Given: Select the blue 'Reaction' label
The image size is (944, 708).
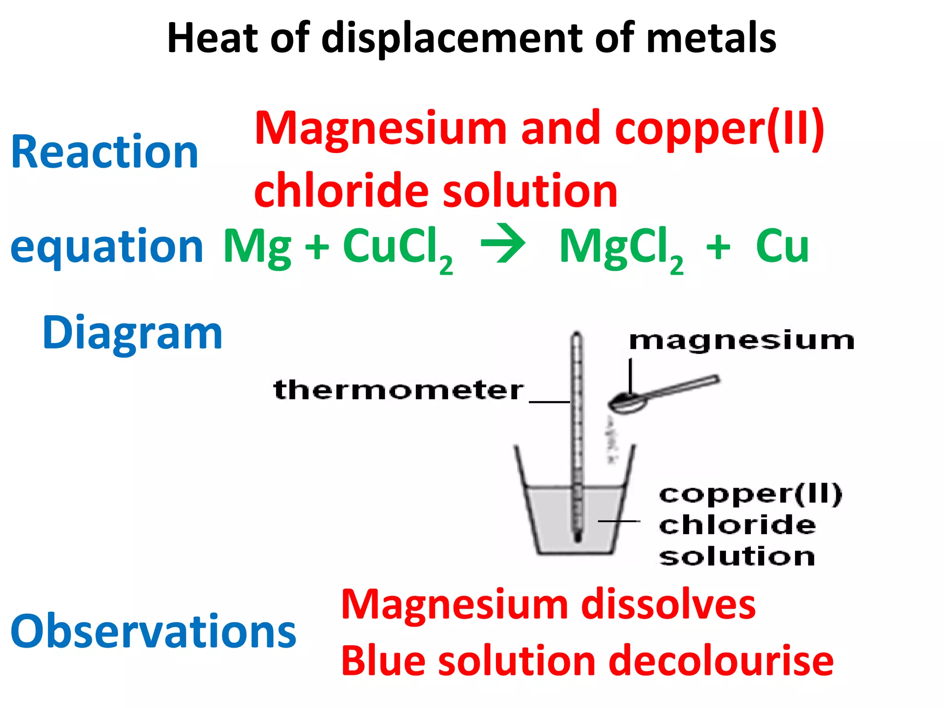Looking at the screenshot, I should (105, 152).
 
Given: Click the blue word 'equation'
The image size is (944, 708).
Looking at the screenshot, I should (106, 247).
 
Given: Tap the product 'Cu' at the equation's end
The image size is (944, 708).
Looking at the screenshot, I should (782, 246).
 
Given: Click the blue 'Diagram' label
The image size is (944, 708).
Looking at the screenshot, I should (132, 333).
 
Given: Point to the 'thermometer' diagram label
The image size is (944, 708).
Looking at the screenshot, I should (398, 390).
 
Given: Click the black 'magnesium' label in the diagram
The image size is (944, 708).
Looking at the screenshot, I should (742, 341).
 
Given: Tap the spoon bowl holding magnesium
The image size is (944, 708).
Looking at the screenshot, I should (627, 403).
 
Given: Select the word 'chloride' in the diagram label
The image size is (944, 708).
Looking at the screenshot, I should (737, 525).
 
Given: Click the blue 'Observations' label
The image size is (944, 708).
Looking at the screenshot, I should (153, 631).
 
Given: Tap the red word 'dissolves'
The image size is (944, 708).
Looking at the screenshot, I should (668, 605).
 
